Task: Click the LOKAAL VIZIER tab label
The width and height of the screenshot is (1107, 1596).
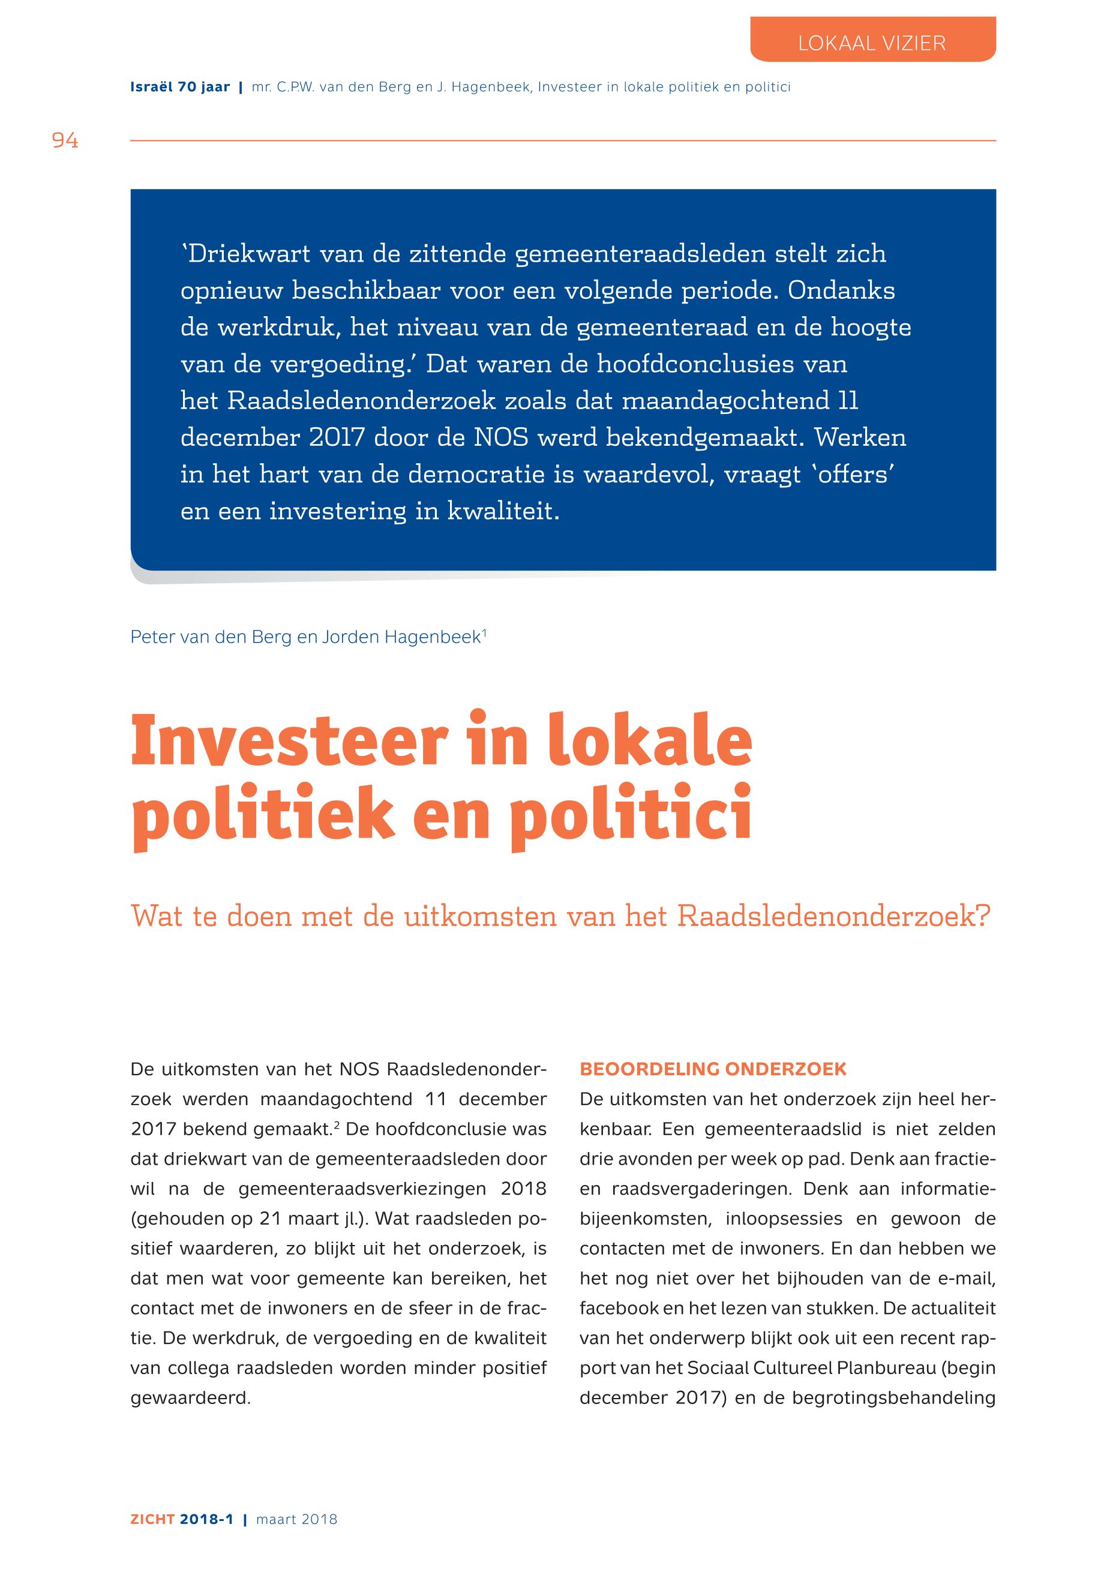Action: [x=871, y=44]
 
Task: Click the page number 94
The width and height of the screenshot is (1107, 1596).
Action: [x=65, y=141]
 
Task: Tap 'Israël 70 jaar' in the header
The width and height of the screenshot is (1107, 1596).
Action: [x=179, y=88]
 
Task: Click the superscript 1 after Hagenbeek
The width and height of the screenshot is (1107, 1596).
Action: [x=484, y=632]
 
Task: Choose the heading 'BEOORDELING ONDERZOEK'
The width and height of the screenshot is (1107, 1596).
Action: [x=713, y=1070]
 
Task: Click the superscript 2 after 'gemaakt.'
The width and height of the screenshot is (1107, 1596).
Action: [x=337, y=1126]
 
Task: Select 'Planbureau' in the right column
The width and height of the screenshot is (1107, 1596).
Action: [x=890, y=1369]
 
